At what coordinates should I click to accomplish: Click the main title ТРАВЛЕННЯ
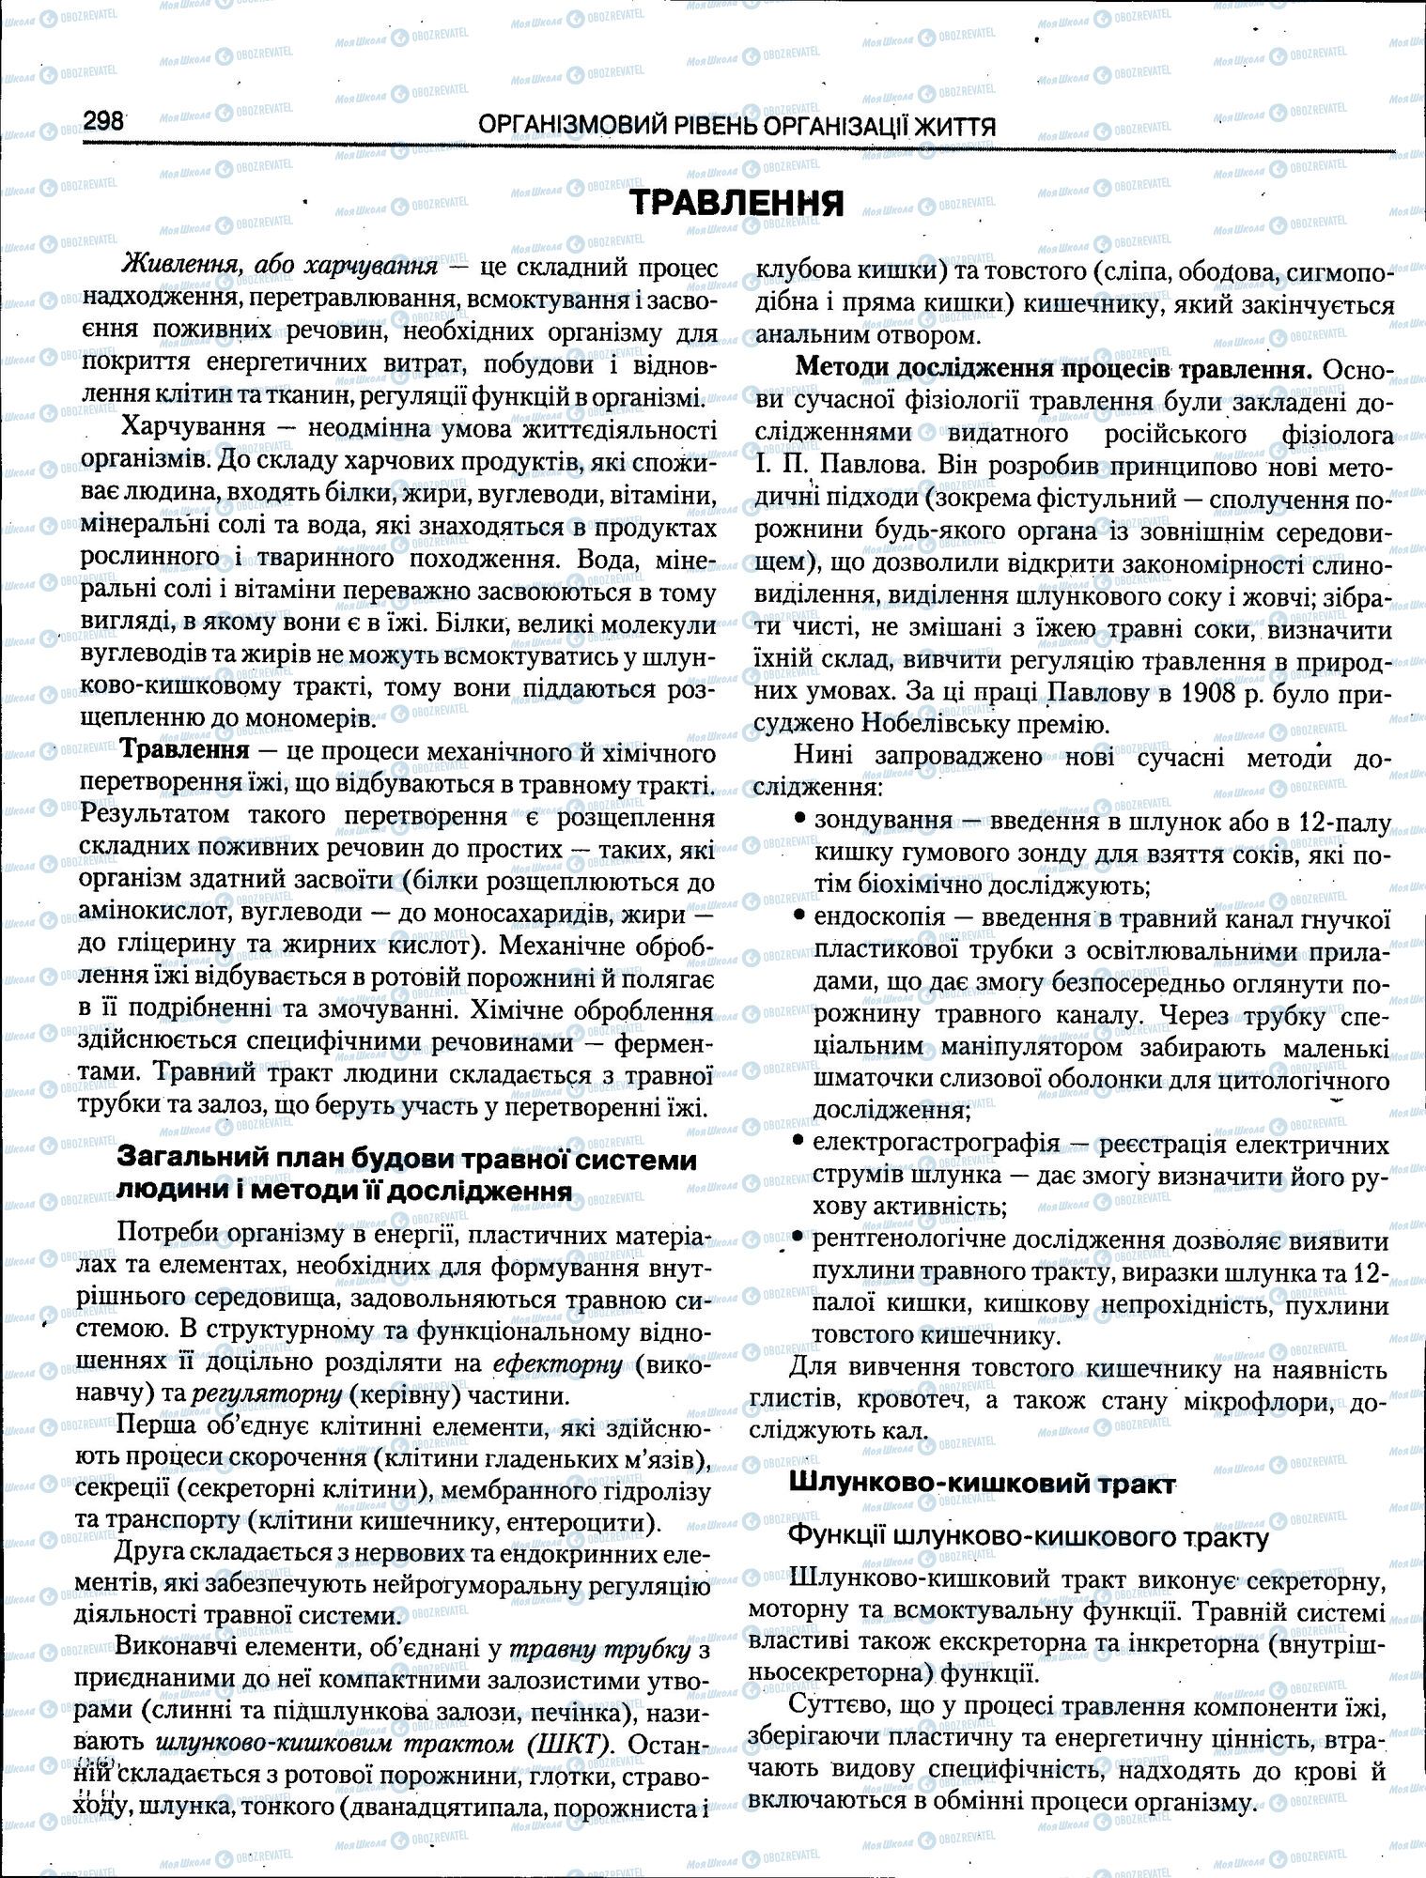click(x=736, y=203)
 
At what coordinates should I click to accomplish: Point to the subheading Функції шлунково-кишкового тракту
click(x=1027, y=1538)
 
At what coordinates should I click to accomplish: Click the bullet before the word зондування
click(x=799, y=819)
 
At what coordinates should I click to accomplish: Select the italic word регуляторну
click(x=265, y=1395)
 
